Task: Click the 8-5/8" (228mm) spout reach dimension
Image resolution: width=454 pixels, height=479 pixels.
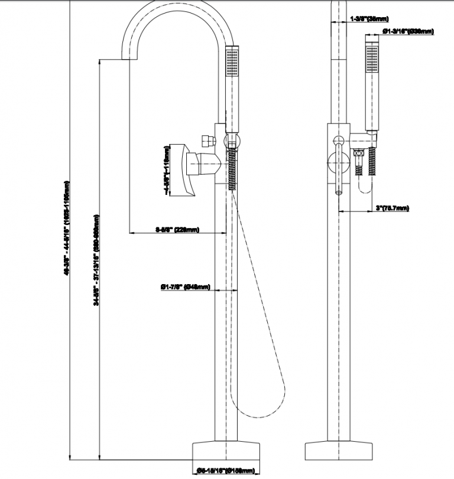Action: (x=177, y=229)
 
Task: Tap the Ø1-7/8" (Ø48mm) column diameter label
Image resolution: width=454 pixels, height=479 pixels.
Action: (x=185, y=287)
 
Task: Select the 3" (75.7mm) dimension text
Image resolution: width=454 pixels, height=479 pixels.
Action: (x=393, y=208)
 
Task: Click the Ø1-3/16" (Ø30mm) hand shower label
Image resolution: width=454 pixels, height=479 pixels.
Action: (x=408, y=31)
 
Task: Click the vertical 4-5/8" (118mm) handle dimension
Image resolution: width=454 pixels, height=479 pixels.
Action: (x=167, y=172)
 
